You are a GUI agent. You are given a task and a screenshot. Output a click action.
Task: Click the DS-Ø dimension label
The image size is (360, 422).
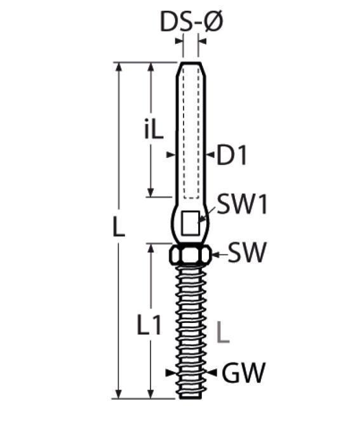pos(192,22)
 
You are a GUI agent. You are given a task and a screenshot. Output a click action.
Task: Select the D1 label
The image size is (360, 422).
pos(232,155)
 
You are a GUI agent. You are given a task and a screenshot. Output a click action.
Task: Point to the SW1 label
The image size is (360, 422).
pos(243,204)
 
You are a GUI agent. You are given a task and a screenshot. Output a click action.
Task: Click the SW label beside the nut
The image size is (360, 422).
pos(246,253)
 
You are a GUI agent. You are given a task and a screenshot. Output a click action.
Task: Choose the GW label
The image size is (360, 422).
pos(244,373)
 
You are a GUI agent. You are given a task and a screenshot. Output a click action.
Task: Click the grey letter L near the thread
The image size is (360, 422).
pos(223,332)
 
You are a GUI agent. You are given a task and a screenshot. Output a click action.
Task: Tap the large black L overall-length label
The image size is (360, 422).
pos(119,227)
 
